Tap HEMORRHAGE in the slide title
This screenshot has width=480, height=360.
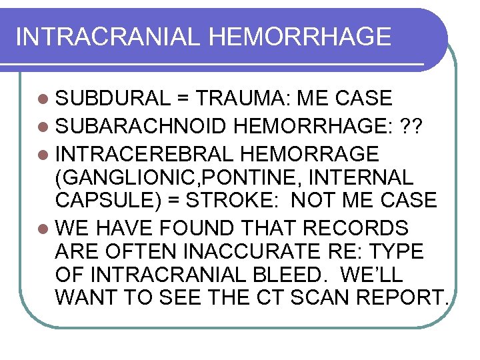[x=299, y=37]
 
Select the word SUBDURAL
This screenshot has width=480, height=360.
[x=113, y=99]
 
